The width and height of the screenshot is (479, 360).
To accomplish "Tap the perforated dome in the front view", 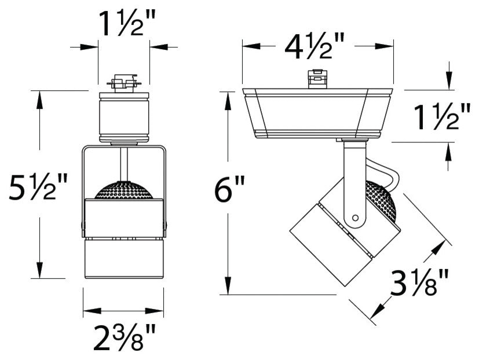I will [x=123, y=191].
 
